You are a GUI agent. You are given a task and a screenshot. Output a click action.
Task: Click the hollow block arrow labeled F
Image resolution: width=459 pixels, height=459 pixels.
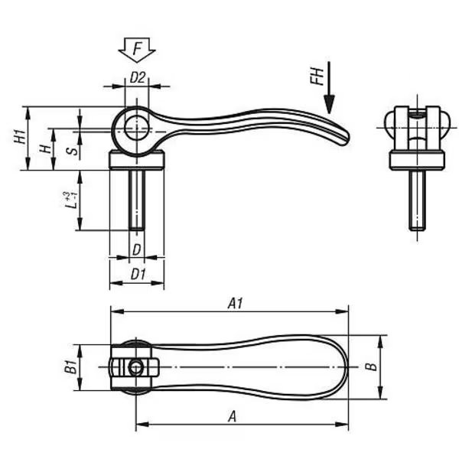coord(137,50)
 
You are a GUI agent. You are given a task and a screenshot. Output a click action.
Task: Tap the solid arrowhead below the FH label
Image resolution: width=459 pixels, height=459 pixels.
coord(329,105)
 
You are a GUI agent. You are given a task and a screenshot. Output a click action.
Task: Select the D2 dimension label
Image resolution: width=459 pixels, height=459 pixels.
coord(137,78)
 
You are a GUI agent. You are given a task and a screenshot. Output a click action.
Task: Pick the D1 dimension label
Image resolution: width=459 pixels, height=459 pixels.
coord(138,275)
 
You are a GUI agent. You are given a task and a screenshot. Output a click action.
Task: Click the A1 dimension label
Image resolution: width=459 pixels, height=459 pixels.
coord(236,303)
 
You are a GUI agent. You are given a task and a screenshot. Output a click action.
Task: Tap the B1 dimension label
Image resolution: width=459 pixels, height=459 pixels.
coord(70,367)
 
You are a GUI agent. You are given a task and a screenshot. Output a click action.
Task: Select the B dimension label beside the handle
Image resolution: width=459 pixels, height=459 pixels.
coord(372,366)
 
